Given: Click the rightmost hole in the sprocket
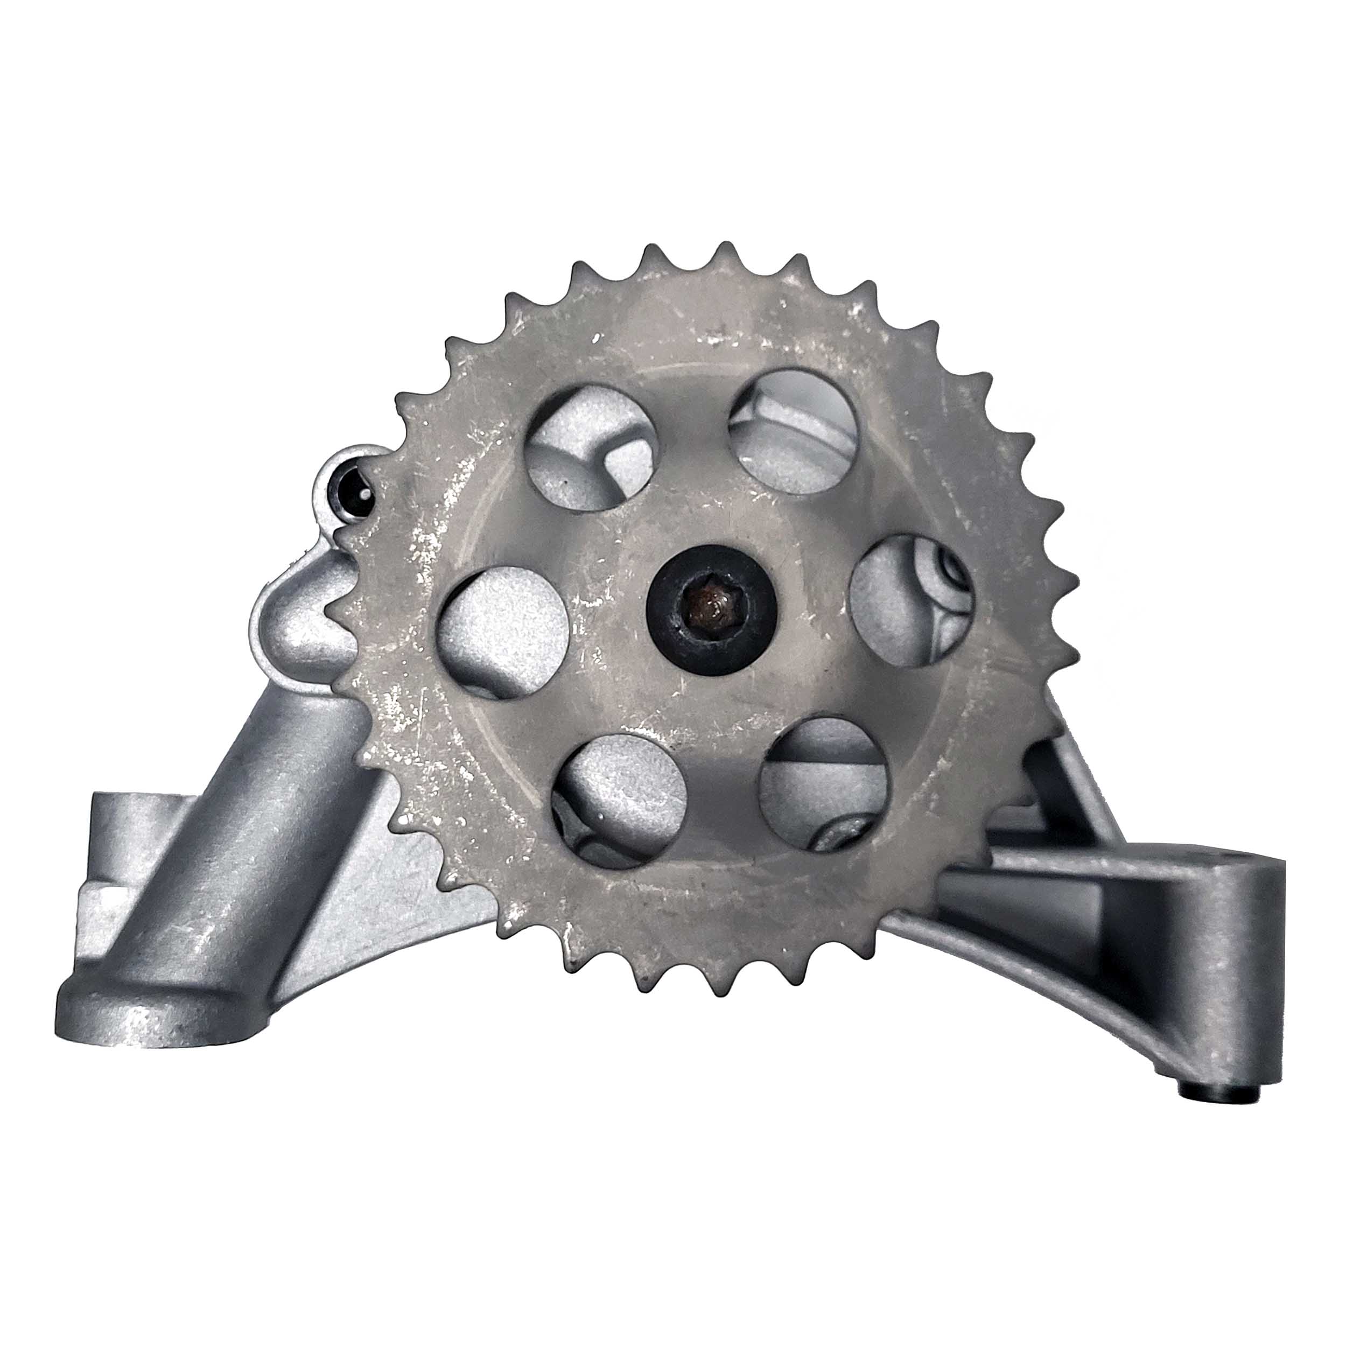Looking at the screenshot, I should pos(913,600).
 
